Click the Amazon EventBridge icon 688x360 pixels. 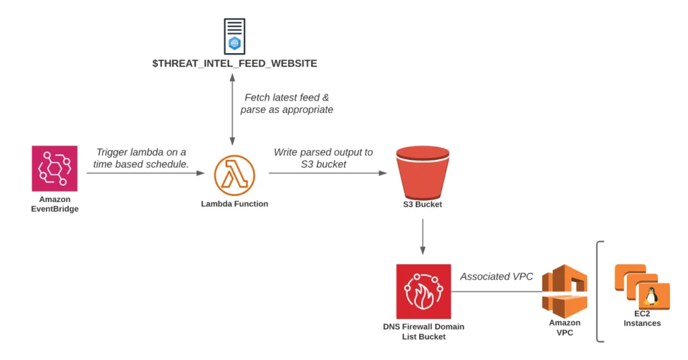point(54,169)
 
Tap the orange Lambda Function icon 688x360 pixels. point(234,175)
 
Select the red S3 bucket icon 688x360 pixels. point(423,173)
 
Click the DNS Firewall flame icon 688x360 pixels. point(423,291)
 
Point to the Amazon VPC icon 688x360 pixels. point(564,291)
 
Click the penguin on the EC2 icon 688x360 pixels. point(652,296)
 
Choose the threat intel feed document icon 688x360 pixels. point(234,36)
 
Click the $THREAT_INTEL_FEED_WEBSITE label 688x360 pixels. point(234,64)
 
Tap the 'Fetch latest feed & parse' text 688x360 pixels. point(286,103)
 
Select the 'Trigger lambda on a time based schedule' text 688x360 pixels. point(141,158)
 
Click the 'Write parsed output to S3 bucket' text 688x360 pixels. point(323,158)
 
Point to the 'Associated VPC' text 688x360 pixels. point(497,277)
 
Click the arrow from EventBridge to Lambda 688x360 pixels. point(146,173)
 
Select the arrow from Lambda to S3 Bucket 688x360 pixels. point(328,173)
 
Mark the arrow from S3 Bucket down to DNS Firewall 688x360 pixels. point(423,237)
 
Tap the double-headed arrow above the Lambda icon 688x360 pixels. point(232,109)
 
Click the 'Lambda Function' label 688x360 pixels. point(234,204)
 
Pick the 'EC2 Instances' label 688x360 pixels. point(642,318)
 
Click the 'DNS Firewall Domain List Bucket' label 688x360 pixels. point(423,332)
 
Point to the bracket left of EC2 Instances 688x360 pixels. point(597,291)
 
